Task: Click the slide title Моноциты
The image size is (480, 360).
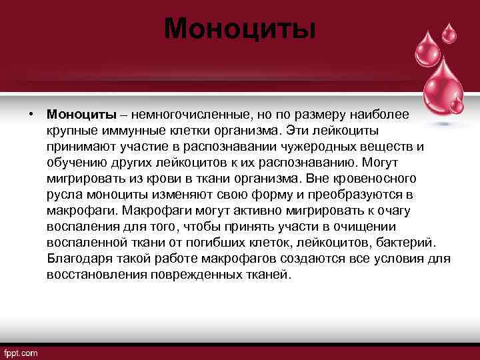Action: (x=239, y=28)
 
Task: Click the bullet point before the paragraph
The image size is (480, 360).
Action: (x=31, y=115)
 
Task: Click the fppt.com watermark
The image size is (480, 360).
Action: (x=21, y=352)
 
